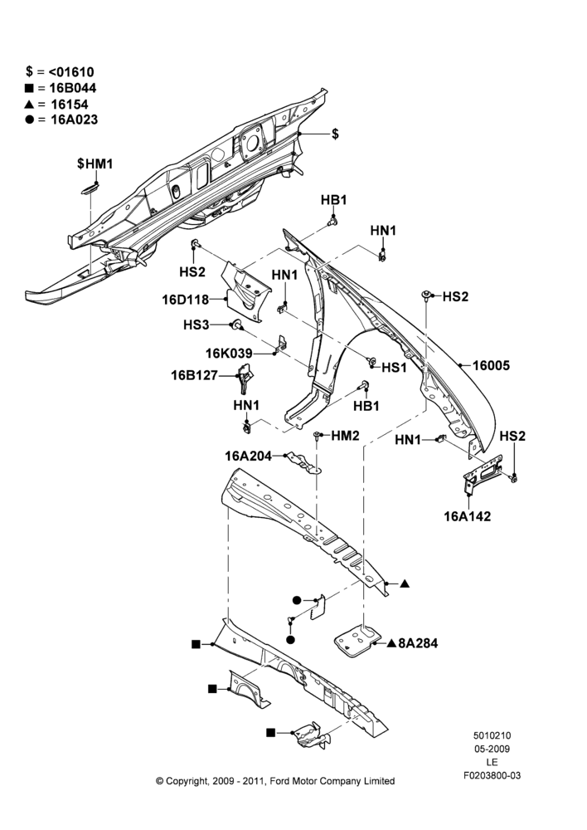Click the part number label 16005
(x=491, y=365)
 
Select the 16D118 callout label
(x=186, y=300)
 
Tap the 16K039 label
(x=229, y=354)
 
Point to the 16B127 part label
(x=194, y=376)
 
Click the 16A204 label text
(x=248, y=456)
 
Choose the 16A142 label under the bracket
(x=467, y=516)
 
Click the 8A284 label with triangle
(x=413, y=644)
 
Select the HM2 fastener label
(x=346, y=436)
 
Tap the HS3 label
(x=196, y=325)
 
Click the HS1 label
(x=394, y=367)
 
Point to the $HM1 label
(x=95, y=164)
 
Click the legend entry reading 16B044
(x=61, y=88)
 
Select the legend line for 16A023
(x=61, y=120)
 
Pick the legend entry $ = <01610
(x=60, y=72)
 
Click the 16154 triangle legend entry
(x=56, y=105)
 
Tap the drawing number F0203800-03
(x=492, y=775)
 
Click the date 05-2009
(x=492, y=749)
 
